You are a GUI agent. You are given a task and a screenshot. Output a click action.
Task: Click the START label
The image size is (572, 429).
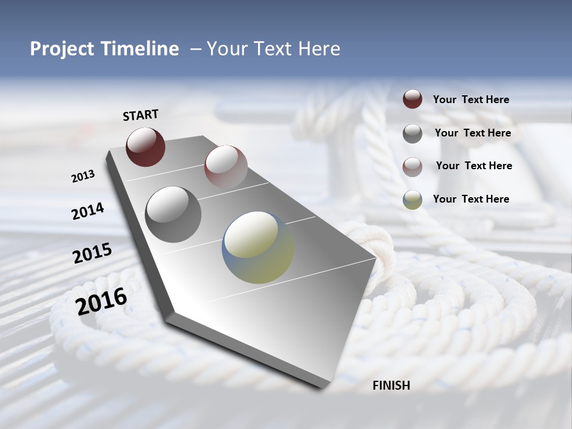pyautogui.click(x=141, y=115)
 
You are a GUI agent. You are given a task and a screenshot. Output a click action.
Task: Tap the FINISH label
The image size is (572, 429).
pyautogui.click(x=391, y=386)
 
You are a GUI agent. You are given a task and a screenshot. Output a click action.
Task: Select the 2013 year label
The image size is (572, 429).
pyautogui.click(x=83, y=176)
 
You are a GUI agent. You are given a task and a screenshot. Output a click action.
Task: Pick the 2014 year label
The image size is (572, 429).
pyautogui.click(x=88, y=212)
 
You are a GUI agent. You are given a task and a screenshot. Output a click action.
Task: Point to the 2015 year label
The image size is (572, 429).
pyautogui.click(x=92, y=253)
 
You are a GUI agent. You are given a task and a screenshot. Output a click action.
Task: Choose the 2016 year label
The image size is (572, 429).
pyautogui.click(x=101, y=301)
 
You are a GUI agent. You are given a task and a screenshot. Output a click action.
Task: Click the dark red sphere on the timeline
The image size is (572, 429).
pyautogui.click(x=145, y=147)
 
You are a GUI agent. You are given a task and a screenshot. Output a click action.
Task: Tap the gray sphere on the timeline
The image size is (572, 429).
pyautogui.click(x=173, y=214)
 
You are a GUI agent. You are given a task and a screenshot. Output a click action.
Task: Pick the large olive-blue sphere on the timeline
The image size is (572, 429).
pyautogui.click(x=257, y=247)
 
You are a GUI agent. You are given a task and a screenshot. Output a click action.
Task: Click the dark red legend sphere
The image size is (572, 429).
pyautogui.click(x=412, y=99)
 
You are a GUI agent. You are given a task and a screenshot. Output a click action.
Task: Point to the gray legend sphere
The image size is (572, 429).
pyautogui.click(x=412, y=133)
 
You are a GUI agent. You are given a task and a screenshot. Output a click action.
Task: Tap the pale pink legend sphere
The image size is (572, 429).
pyautogui.click(x=412, y=167)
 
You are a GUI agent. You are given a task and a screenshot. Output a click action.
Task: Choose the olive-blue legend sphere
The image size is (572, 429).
pyautogui.click(x=412, y=200)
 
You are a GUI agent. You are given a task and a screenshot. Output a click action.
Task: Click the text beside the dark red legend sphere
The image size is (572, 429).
pyautogui.click(x=471, y=100)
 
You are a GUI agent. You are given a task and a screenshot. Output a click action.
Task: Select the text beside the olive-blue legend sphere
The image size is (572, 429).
pyautogui.click(x=471, y=199)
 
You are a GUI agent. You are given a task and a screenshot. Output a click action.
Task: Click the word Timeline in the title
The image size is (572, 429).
pyautogui.click(x=140, y=49)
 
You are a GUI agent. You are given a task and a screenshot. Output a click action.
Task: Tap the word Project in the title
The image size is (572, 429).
pyautogui.click(x=62, y=49)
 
